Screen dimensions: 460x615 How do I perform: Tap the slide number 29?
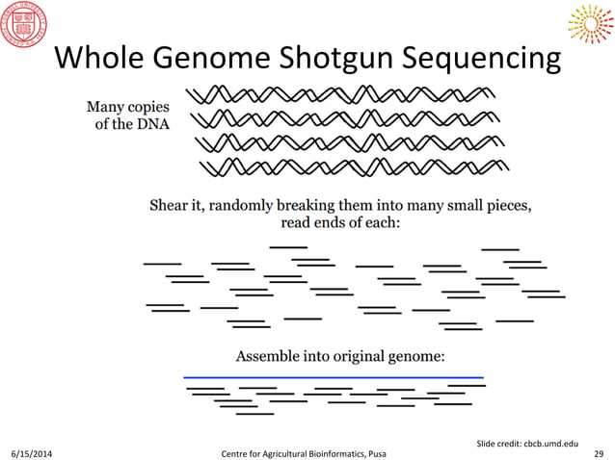599,451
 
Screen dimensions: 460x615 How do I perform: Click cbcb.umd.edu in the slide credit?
550,442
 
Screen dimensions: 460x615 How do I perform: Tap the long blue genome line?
333,376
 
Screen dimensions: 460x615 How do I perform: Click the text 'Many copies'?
128,107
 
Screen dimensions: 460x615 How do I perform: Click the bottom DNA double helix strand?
352,168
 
